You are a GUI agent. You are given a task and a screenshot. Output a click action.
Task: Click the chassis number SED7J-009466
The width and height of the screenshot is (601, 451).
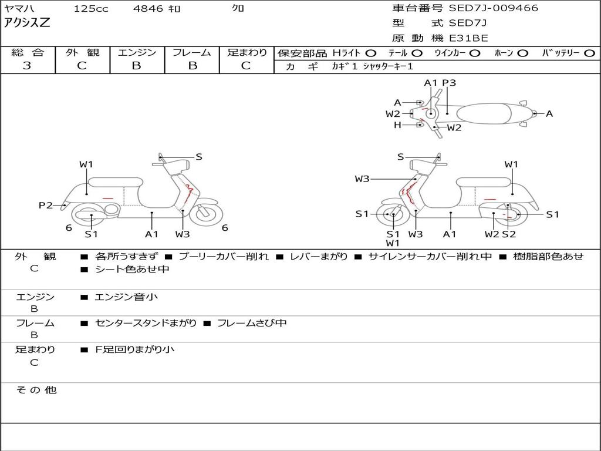(493, 8)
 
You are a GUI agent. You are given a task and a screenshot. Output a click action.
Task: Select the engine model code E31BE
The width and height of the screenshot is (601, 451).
(468, 38)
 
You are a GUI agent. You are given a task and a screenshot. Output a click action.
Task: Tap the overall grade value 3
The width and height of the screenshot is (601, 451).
(27, 65)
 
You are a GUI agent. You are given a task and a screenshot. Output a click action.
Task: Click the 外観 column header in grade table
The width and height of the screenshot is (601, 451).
(82, 52)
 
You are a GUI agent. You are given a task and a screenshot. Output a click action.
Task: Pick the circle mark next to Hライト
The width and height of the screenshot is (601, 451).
(371, 53)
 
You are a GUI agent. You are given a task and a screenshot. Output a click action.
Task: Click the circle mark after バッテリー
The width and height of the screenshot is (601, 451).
(589, 53)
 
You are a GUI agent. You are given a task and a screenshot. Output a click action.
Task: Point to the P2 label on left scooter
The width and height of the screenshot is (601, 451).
(46, 205)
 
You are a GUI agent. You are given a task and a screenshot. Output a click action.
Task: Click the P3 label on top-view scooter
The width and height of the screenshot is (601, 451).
(449, 83)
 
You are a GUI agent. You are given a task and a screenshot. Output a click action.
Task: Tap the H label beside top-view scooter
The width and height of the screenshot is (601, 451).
(397, 125)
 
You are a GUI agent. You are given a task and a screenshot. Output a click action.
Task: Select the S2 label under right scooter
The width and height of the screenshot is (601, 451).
(509, 234)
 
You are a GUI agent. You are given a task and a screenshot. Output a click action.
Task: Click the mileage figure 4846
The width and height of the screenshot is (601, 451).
(148, 8)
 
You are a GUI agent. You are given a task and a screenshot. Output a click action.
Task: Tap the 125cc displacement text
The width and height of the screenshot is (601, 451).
(91, 8)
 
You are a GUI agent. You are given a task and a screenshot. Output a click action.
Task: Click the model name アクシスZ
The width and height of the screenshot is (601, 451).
(27, 23)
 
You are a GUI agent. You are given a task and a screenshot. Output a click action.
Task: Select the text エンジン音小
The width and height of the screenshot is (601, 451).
(126, 297)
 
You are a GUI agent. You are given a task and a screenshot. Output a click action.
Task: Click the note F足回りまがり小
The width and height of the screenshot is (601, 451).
(134, 349)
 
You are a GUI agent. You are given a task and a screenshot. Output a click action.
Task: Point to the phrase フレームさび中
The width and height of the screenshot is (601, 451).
(252, 323)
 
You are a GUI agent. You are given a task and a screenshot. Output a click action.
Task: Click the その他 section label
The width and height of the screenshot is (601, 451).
(36, 390)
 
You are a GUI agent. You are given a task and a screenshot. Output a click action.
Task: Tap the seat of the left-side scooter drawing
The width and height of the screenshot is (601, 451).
(116, 182)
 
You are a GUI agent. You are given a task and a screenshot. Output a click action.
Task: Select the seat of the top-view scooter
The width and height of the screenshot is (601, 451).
(484, 113)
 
